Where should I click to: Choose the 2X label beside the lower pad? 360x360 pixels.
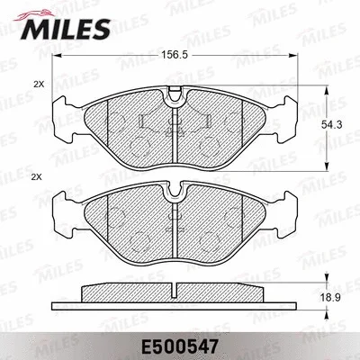tap(38, 177)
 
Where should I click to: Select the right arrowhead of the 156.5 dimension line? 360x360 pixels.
tap(301, 59)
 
